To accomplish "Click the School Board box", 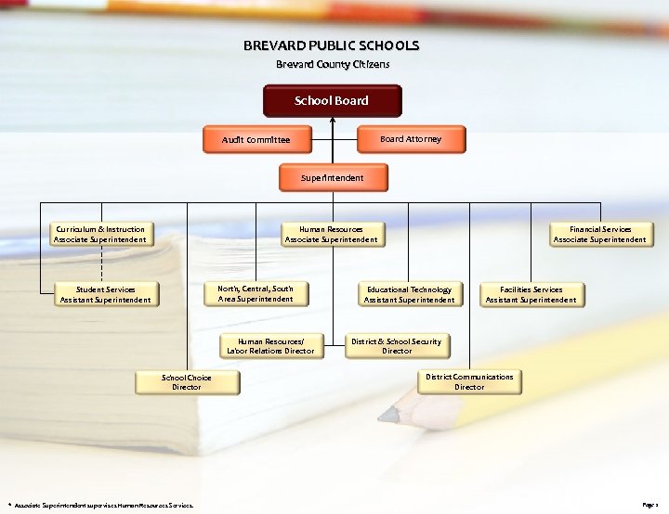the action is [332, 101].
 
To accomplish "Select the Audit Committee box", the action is [256, 140].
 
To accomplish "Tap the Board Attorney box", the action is [411, 139].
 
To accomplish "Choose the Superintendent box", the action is [333, 177].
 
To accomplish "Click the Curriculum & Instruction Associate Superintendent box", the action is [99, 234].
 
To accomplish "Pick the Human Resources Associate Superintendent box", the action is [331, 234].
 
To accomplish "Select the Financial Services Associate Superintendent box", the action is [599, 234].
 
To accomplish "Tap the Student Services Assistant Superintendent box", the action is [105, 294].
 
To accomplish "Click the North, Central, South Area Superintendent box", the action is [256, 294].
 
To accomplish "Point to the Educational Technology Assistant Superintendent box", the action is [409, 294].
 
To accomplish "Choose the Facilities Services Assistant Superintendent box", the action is [531, 294].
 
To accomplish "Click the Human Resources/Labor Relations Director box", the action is [270, 346].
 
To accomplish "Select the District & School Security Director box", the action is [397, 346].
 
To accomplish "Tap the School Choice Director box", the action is [186, 382].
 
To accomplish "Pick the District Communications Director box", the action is [469, 381].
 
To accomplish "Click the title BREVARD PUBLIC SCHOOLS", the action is [332, 45].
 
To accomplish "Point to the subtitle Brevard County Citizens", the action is [332, 64].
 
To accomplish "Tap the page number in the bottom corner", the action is [649, 505].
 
